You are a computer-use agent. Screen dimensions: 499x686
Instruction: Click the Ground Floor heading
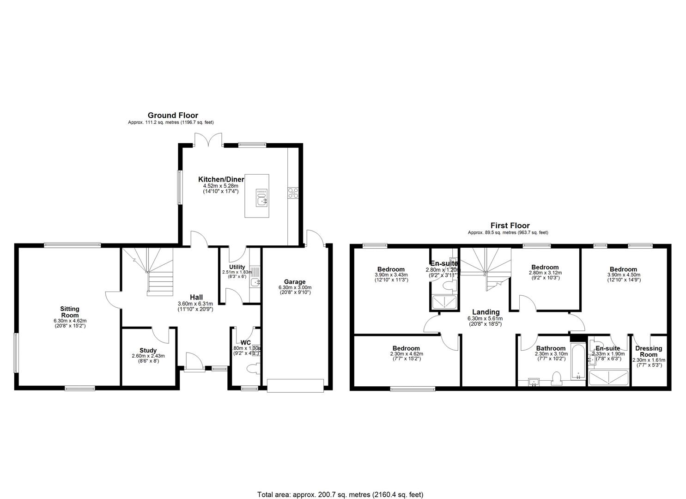(173, 116)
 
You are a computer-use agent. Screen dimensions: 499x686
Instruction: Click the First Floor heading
(510, 225)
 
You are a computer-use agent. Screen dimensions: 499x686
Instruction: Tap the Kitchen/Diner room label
(221, 179)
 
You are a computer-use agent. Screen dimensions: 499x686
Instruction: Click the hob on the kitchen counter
(293, 193)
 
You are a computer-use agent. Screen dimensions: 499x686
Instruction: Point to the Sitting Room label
(70, 312)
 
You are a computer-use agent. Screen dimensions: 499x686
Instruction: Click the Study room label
(148, 350)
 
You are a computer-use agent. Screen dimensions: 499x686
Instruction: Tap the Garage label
(294, 282)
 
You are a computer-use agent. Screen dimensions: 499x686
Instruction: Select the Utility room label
(237, 267)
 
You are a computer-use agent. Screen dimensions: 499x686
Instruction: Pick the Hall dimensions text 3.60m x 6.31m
(196, 304)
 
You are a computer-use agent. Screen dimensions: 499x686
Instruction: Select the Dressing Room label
(649, 352)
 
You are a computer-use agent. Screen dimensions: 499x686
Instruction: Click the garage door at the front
(295, 385)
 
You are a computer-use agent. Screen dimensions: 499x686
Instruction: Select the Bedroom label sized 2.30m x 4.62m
(406, 348)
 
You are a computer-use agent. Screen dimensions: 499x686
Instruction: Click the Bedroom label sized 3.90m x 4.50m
(623, 269)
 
